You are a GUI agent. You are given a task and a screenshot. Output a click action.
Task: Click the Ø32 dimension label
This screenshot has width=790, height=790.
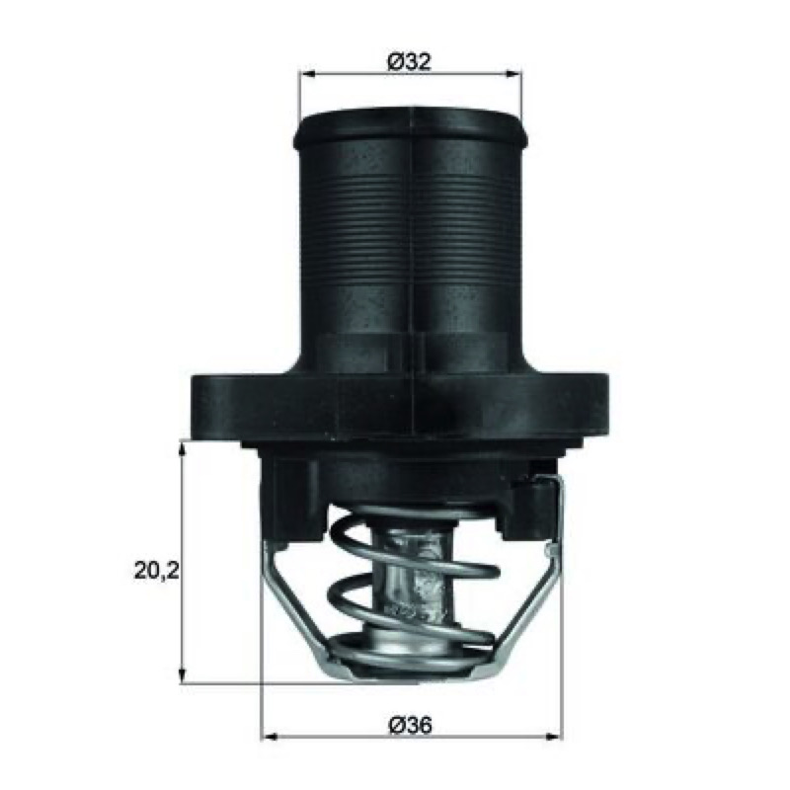(410, 62)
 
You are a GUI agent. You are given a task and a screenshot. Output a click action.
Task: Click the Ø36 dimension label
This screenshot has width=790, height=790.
(411, 726)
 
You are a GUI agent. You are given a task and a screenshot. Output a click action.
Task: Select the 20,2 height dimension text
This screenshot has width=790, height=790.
(157, 572)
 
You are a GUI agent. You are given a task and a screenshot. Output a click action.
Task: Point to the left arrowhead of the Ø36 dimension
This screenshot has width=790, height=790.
(270, 737)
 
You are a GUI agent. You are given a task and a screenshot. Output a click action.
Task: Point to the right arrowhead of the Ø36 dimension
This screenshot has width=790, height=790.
(553, 737)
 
